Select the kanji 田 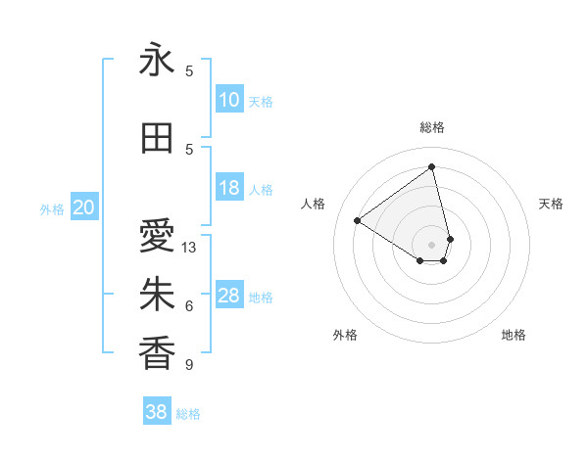click(x=157, y=139)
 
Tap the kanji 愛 click(x=157, y=236)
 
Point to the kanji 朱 click(x=157, y=295)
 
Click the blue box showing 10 click(x=229, y=100)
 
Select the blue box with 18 click(x=229, y=189)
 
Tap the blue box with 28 click(x=229, y=296)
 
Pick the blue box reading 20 click(x=84, y=207)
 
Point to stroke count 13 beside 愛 click(x=189, y=248)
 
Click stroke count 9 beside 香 click(x=189, y=365)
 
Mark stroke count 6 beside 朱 click(x=189, y=306)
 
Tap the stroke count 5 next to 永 click(x=189, y=70)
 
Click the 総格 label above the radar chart click(x=432, y=127)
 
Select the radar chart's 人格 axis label click(x=314, y=204)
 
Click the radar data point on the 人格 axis click(x=358, y=220)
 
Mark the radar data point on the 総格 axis click(x=432, y=166)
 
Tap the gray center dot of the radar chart click(x=432, y=243)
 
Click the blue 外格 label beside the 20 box click(x=52, y=208)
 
